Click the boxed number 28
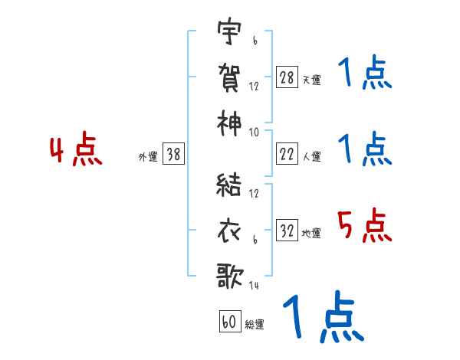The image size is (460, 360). pos(287,77)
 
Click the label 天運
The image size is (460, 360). pos(311,80)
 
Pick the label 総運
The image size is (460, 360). pos(255,324)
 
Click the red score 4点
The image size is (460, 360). pos(75,151)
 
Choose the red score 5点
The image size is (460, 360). pos(365,226)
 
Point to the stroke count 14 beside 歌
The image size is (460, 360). pos(255,286)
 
